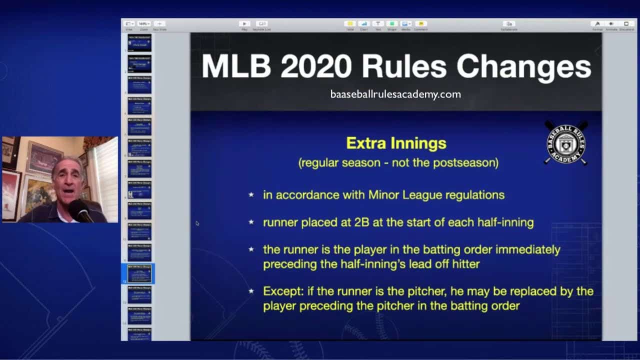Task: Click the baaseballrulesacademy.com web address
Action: (395, 94)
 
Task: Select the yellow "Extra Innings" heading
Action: (396, 143)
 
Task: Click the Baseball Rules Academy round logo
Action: (566, 143)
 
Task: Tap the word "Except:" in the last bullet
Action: (281, 291)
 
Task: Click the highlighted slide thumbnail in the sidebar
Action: (139, 273)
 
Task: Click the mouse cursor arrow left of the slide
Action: (197, 223)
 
